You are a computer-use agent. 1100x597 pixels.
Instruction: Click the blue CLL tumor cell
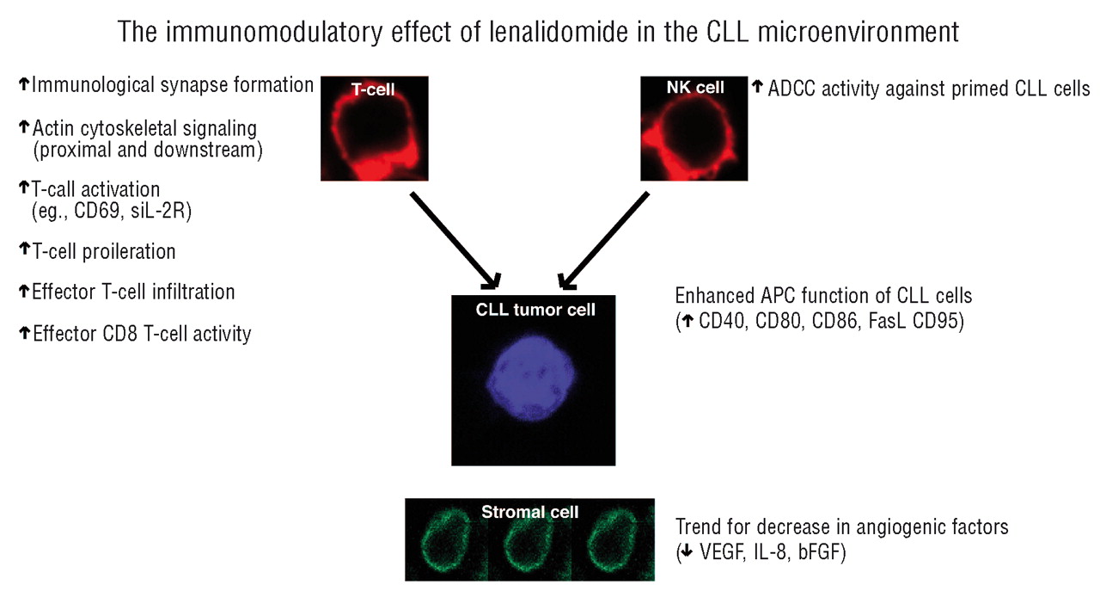point(533,374)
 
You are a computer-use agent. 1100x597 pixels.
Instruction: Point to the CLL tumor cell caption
point(535,311)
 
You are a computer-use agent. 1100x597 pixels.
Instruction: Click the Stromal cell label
point(529,512)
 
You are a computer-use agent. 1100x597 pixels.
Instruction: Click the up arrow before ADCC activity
point(758,87)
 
